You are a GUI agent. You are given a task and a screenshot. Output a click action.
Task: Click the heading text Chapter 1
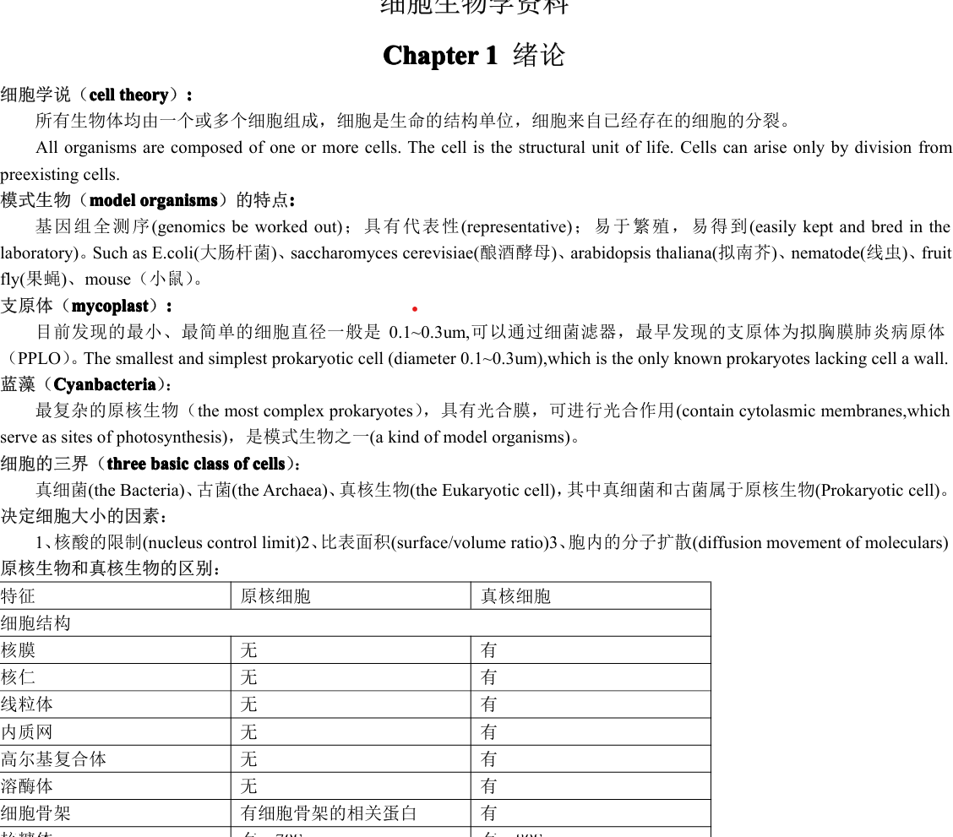[440, 56]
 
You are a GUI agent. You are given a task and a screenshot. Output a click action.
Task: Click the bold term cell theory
[128, 95]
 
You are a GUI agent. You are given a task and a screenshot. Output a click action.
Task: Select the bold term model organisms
[153, 200]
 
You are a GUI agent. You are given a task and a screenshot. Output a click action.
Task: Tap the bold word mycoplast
[111, 306]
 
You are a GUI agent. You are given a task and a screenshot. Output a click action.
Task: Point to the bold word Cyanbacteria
[104, 385]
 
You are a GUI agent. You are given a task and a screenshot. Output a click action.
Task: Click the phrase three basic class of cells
[196, 464]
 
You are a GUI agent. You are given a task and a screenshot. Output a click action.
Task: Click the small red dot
[415, 309]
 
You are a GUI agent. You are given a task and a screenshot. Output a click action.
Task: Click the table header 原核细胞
[275, 596]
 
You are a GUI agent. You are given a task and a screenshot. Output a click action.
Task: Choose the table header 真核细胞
[515, 596]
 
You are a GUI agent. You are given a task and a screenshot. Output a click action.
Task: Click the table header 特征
[19, 596]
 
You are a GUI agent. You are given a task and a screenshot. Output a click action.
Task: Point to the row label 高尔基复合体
[54, 758]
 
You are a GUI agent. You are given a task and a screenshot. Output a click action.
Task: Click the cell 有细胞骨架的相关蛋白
[329, 813]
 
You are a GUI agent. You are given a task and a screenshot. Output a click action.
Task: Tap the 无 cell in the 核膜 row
[248, 650]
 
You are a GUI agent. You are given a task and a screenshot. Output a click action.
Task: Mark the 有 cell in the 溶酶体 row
[489, 785]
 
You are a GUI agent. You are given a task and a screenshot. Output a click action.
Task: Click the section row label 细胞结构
[35, 623]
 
